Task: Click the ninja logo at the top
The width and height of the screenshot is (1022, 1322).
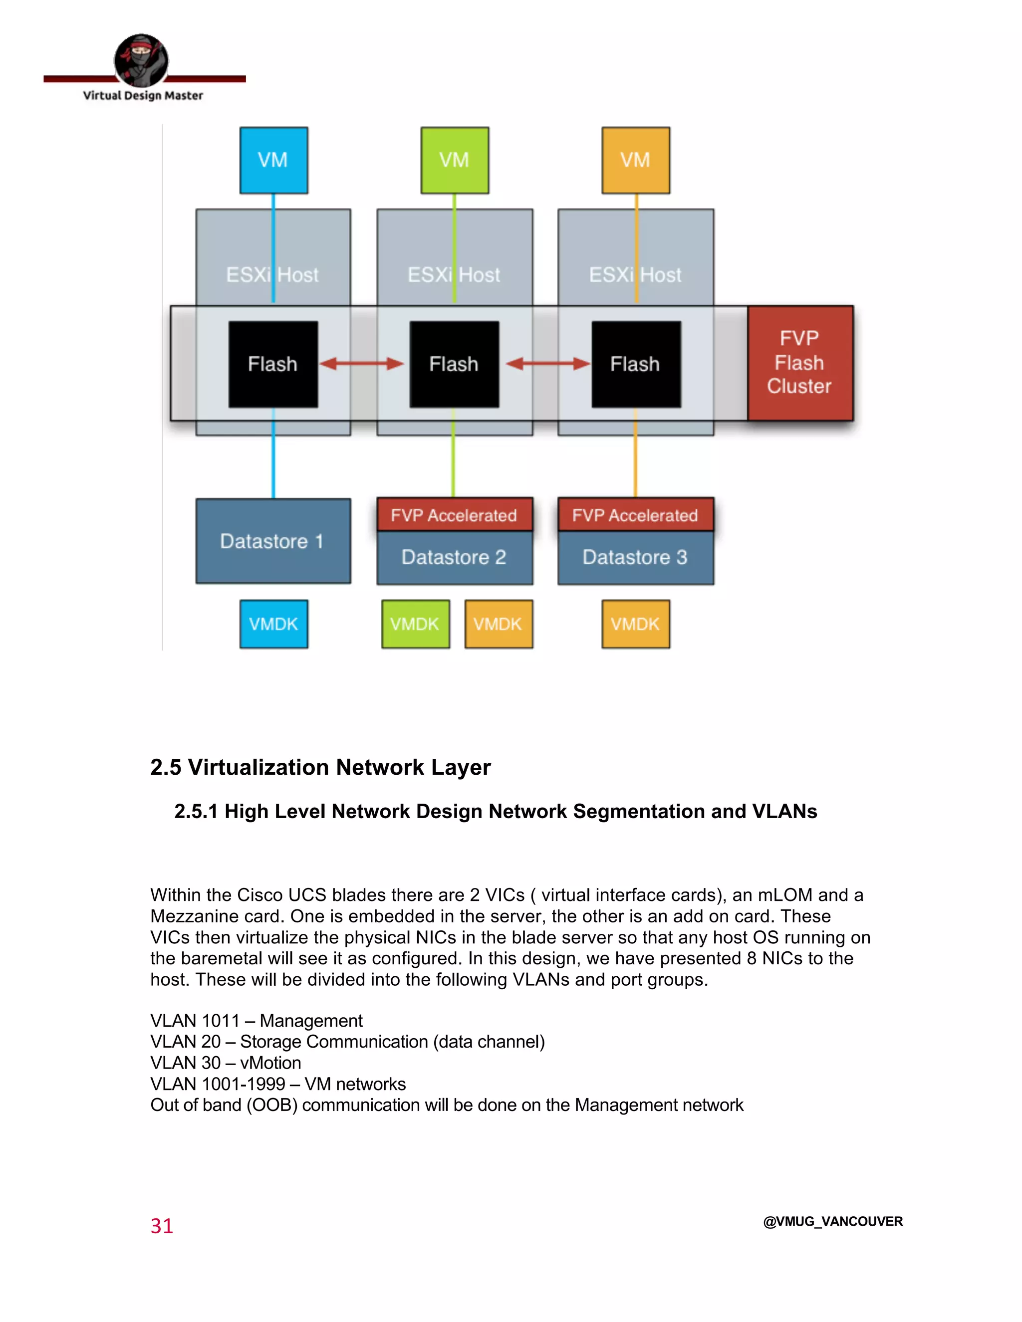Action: [141, 60]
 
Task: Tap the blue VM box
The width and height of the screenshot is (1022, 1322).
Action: [273, 161]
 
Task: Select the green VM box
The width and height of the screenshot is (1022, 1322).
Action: [454, 161]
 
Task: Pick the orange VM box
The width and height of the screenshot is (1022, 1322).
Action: [635, 161]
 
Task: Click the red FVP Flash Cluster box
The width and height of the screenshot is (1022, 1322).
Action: [799, 363]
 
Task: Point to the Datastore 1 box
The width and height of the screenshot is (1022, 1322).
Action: [272, 541]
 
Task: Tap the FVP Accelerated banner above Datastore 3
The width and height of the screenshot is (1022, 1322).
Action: [635, 515]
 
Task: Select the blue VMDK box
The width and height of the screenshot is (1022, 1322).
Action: [273, 624]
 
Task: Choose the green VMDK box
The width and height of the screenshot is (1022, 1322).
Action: [415, 624]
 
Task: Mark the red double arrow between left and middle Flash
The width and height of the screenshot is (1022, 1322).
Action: [361, 364]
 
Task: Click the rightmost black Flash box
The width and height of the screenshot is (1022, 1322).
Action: [635, 364]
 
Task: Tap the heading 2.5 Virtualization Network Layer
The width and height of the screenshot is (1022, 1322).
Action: [320, 767]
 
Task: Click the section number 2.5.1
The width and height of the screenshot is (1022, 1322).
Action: [196, 811]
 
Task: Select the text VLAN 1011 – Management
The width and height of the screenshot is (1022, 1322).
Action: [256, 1021]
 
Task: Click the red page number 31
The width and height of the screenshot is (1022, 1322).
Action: [162, 1226]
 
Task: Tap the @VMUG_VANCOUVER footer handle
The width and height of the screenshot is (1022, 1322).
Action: [832, 1222]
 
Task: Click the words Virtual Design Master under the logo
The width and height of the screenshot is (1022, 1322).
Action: [143, 96]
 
